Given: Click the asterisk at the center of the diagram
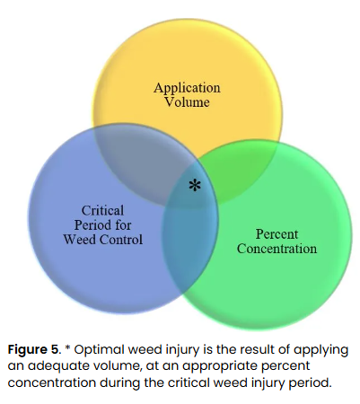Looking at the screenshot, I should [194, 186].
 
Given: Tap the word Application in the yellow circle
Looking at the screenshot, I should [187, 88].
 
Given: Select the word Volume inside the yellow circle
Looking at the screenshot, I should [187, 101].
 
